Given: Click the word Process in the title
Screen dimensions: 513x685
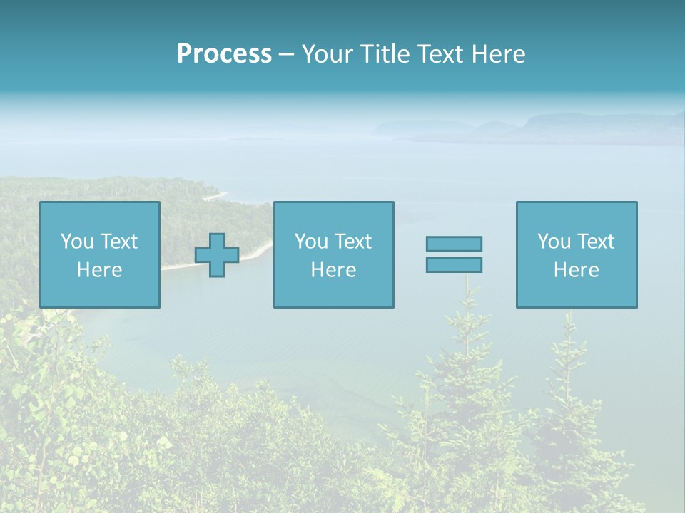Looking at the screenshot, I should pos(224,54).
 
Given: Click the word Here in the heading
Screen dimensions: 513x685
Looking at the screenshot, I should pos(499,54).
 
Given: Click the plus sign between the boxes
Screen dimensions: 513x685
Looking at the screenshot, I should pos(217,255).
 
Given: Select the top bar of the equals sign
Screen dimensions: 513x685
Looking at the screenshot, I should pos(454,244).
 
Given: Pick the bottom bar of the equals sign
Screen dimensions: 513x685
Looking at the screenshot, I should pos(454,265).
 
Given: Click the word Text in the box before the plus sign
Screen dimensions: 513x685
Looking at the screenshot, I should pos(118,242).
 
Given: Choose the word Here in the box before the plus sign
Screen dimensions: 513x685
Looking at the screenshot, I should pos(99,270).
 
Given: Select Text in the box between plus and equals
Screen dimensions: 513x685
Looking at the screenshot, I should pos(352,242).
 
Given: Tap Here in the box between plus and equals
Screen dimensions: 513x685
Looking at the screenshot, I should pos(333,270).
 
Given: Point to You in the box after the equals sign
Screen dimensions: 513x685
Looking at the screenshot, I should pos(554,242).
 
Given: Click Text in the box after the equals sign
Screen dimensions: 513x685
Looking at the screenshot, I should pos(595,242).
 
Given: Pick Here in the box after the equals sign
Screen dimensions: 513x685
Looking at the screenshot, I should pos(576,270).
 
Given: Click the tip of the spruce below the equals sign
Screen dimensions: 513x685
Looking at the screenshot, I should pos(467,282).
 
